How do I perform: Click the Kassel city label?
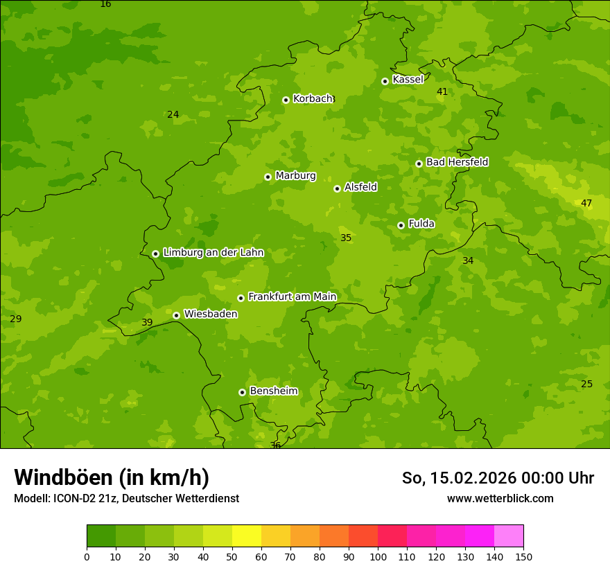tap(408, 80)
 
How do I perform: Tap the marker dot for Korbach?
tap(286, 100)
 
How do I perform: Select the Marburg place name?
tap(295, 176)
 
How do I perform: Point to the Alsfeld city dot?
tap(337, 188)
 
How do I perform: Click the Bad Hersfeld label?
tap(457, 162)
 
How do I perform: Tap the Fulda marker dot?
tap(401, 225)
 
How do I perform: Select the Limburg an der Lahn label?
tap(213, 253)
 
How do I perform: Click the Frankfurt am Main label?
tap(292, 297)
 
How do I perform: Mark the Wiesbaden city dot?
tap(176, 315)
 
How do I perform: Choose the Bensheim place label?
tap(273, 391)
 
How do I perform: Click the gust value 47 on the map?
tap(586, 203)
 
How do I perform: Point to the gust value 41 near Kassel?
tap(442, 91)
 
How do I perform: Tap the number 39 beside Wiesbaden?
tap(147, 322)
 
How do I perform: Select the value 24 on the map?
tap(173, 114)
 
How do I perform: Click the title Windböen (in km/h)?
tap(112, 477)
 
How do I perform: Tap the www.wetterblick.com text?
tap(500, 498)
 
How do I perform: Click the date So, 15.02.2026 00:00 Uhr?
tap(498, 478)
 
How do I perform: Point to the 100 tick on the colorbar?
tap(378, 556)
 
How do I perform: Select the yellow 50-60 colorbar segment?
tap(246, 536)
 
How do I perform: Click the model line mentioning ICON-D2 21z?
tap(126, 498)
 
